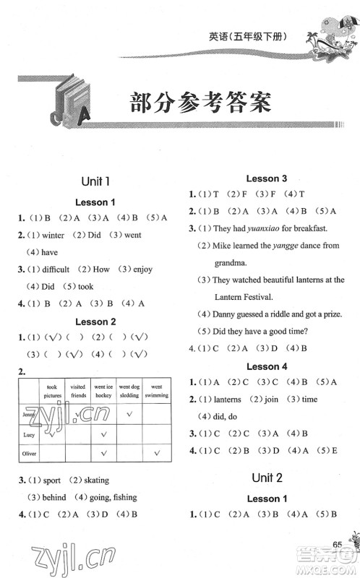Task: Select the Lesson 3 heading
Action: [267, 178]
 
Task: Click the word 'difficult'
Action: [51, 269]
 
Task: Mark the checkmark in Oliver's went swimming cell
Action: [156, 453]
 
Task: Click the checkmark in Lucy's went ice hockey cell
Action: [104, 433]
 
